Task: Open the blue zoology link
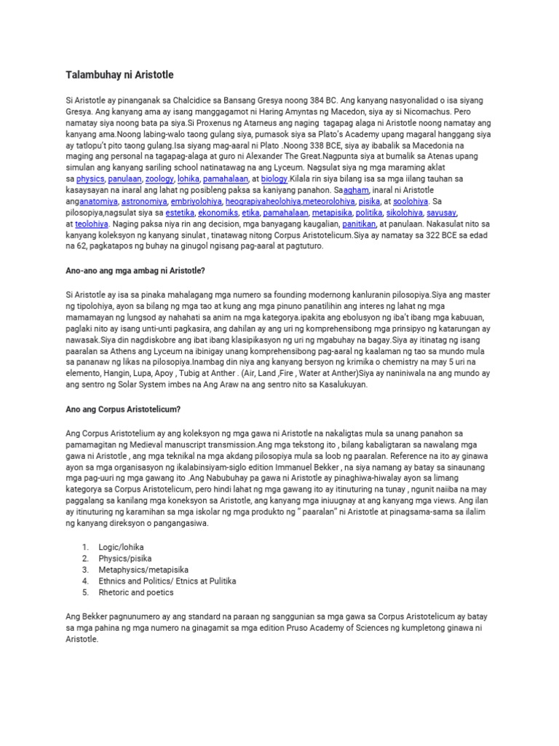click(159, 178)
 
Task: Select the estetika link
click(180, 213)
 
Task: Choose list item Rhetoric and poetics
click(137, 593)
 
